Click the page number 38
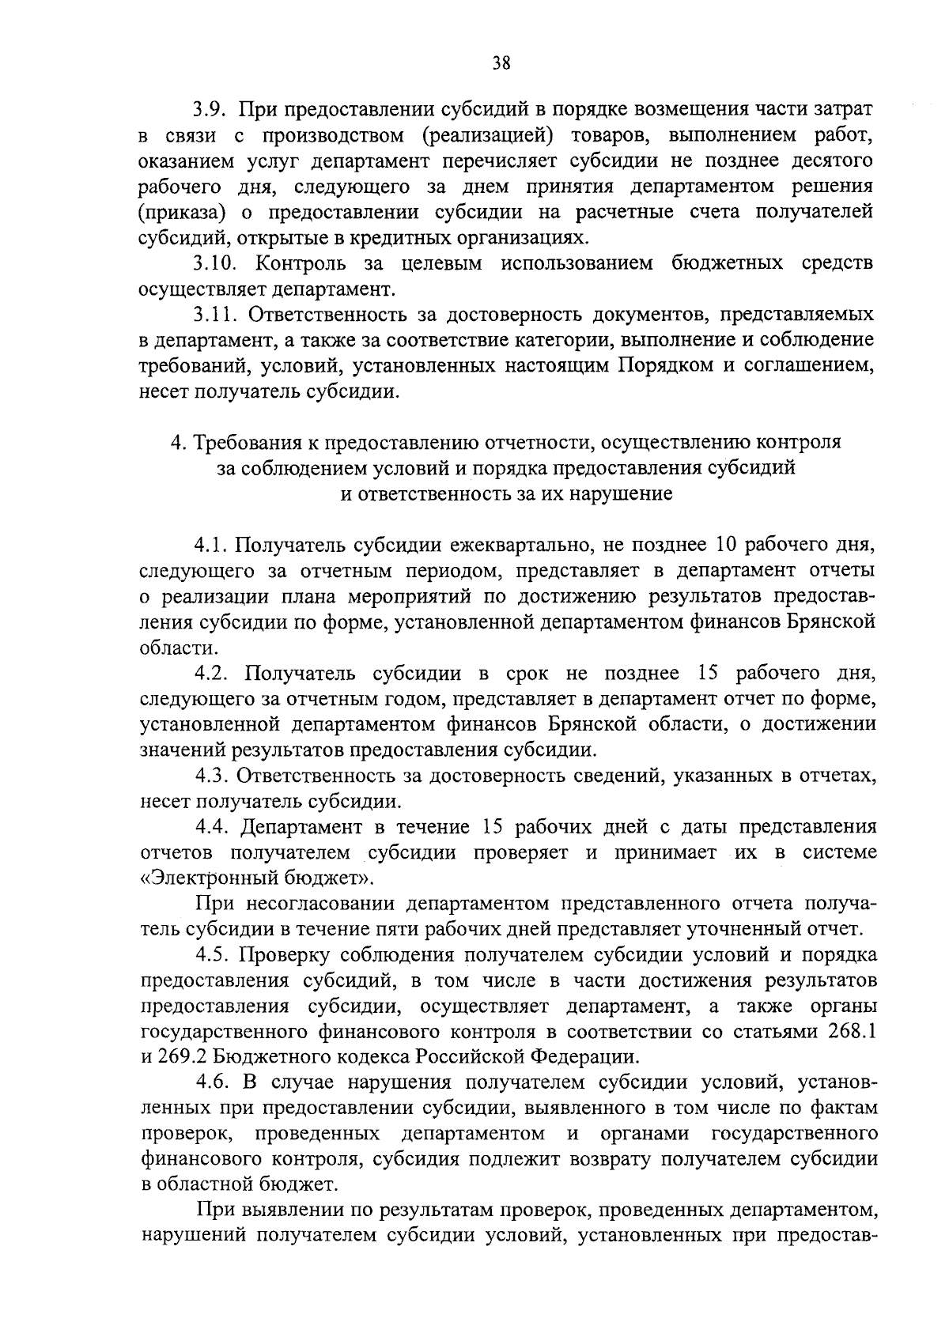[501, 63]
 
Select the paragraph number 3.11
[215, 315]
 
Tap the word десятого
[830, 161]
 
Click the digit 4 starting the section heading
[177, 443]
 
